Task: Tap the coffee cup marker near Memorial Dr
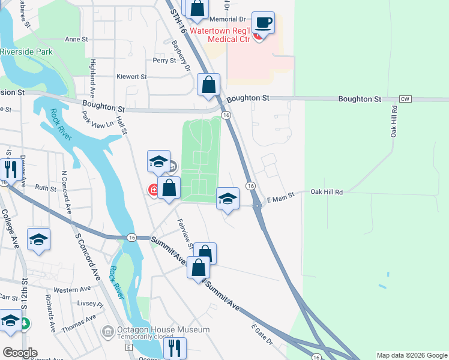pos(263,23)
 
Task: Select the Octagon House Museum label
pos(163,330)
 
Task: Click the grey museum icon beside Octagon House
pos(108,330)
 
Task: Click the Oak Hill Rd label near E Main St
pos(326,192)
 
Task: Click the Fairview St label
pos(184,235)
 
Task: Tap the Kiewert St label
pos(132,77)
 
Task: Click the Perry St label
pos(164,60)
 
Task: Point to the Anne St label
pos(76,39)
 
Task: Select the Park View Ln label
pos(98,119)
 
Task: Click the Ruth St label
pos(46,187)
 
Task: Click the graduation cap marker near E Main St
pos(228,199)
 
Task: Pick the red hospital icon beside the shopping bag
pos(154,190)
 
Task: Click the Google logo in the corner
pos(20,353)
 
